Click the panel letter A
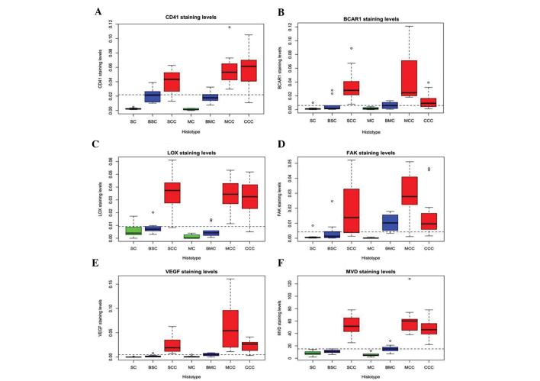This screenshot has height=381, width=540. click(98, 11)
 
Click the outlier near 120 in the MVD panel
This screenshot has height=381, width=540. click(430, 279)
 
